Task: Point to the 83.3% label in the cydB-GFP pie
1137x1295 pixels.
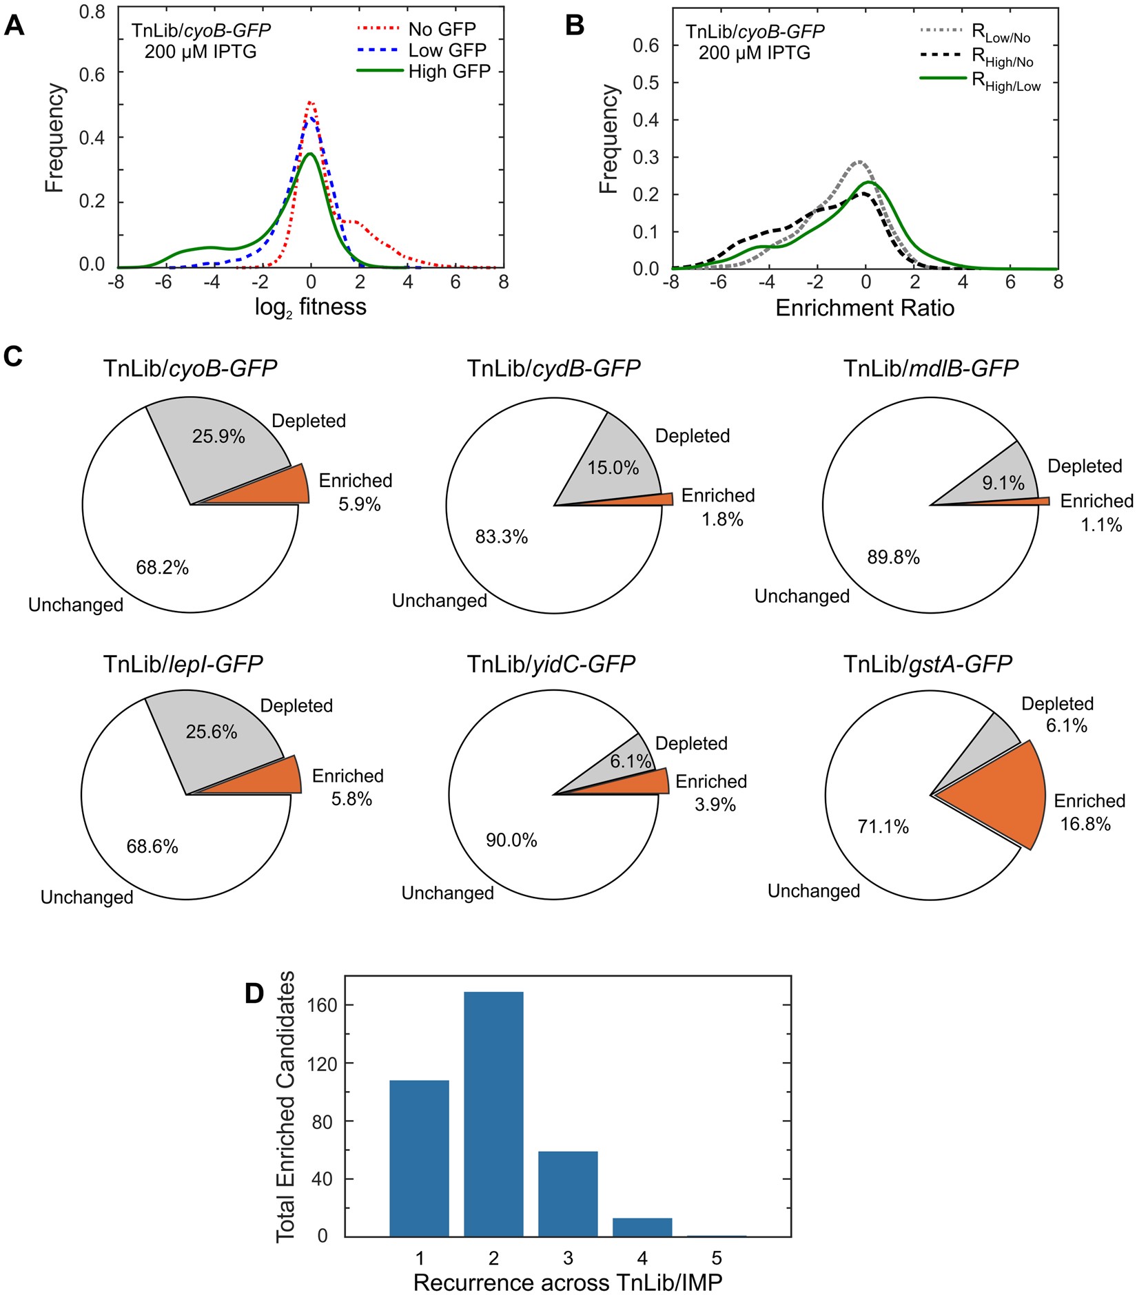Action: (x=502, y=537)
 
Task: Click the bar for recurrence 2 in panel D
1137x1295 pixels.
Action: (x=493, y=1116)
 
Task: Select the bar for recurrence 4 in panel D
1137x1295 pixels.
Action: (x=642, y=1227)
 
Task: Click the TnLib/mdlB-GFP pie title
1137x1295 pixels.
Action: (x=930, y=369)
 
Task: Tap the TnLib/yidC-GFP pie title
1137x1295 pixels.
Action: (x=551, y=664)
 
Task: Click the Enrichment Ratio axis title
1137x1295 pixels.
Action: (x=865, y=308)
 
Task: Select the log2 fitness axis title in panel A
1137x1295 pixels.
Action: (x=310, y=307)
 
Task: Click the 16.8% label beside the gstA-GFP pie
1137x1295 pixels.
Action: (x=1085, y=824)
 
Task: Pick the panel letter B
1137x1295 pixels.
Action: (x=575, y=25)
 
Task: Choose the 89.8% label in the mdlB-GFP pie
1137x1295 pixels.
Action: (x=893, y=557)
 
